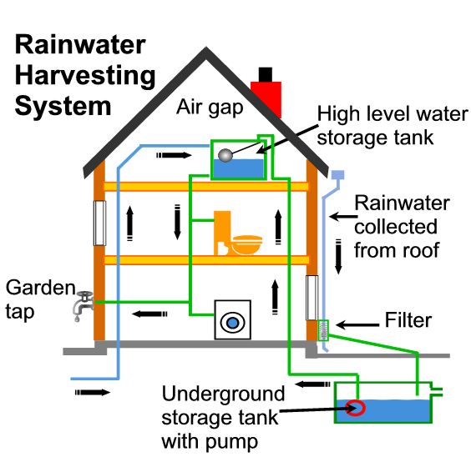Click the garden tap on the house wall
(x=84, y=305)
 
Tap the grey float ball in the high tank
(x=225, y=155)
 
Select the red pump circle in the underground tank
(x=356, y=408)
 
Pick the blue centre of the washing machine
(x=232, y=323)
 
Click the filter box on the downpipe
(x=323, y=330)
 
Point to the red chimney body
(x=266, y=98)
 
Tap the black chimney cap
(x=266, y=74)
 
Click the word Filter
(x=408, y=320)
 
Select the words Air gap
(x=210, y=108)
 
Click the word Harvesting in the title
(x=85, y=76)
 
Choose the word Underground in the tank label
(x=223, y=394)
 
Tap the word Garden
(x=40, y=288)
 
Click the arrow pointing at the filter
(x=357, y=324)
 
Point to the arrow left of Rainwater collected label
(x=343, y=216)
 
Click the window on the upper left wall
(x=99, y=223)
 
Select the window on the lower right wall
(x=311, y=298)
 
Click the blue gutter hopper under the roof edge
(x=337, y=174)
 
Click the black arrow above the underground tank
(x=312, y=384)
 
